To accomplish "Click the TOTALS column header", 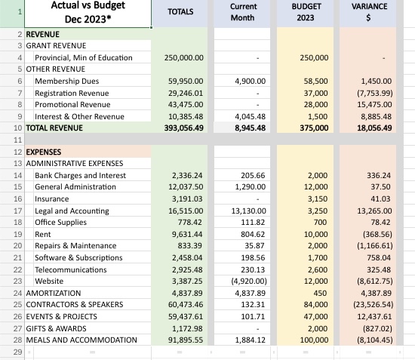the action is (x=180, y=12).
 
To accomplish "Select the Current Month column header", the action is (x=242, y=12).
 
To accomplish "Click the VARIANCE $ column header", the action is (x=370, y=12).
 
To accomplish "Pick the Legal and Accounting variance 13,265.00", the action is (x=370, y=211).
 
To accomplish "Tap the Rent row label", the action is (x=43, y=234).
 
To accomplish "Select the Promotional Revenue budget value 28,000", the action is (x=314, y=104).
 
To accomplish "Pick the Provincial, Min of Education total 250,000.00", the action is (x=183, y=57).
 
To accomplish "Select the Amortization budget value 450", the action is (x=320, y=293).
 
